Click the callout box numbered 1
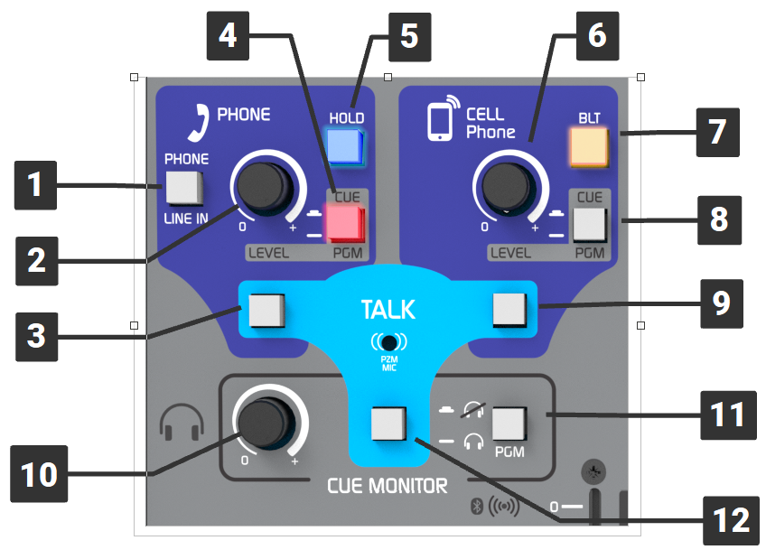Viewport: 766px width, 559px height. click(x=33, y=187)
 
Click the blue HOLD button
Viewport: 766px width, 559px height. click(x=344, y=145)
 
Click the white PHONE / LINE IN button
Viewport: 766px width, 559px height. click(x=184, y=188)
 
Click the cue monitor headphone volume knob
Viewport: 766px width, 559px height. click(x=264, y=422)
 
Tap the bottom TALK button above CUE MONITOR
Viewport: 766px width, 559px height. click(x=388, y=423)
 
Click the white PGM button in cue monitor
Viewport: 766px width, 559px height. click(x=509, y=423)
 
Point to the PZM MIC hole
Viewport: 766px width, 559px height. click(x=388, y=342)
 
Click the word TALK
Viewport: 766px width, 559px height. click(x=388, y=310)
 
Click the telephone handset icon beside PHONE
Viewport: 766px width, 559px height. click(x=191, y=124)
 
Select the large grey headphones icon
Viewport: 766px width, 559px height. click(x=182, y=421)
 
